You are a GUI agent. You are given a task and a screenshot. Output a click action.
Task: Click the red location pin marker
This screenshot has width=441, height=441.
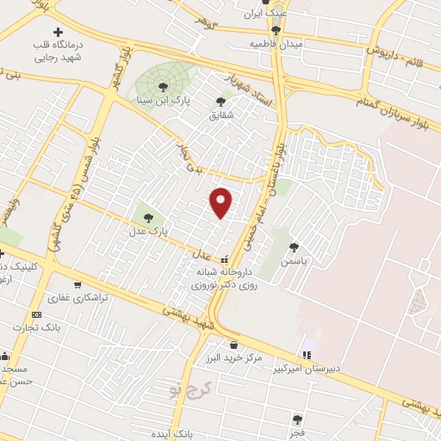[x=222, y=202]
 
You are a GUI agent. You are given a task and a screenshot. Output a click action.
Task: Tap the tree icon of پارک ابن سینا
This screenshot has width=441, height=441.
[x=164, y=85]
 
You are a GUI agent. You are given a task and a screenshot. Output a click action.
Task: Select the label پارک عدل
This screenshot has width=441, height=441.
[x=149, y=232]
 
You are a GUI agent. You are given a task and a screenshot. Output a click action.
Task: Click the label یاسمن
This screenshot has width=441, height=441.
[x=295, y=258]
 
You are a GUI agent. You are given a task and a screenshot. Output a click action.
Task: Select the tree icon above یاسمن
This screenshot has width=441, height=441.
[x=295, y=246]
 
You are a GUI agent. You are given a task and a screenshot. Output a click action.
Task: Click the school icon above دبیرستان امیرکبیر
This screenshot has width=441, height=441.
[x=307, y=355]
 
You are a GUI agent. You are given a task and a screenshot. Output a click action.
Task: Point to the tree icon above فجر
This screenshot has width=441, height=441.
[x=297, y=419]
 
